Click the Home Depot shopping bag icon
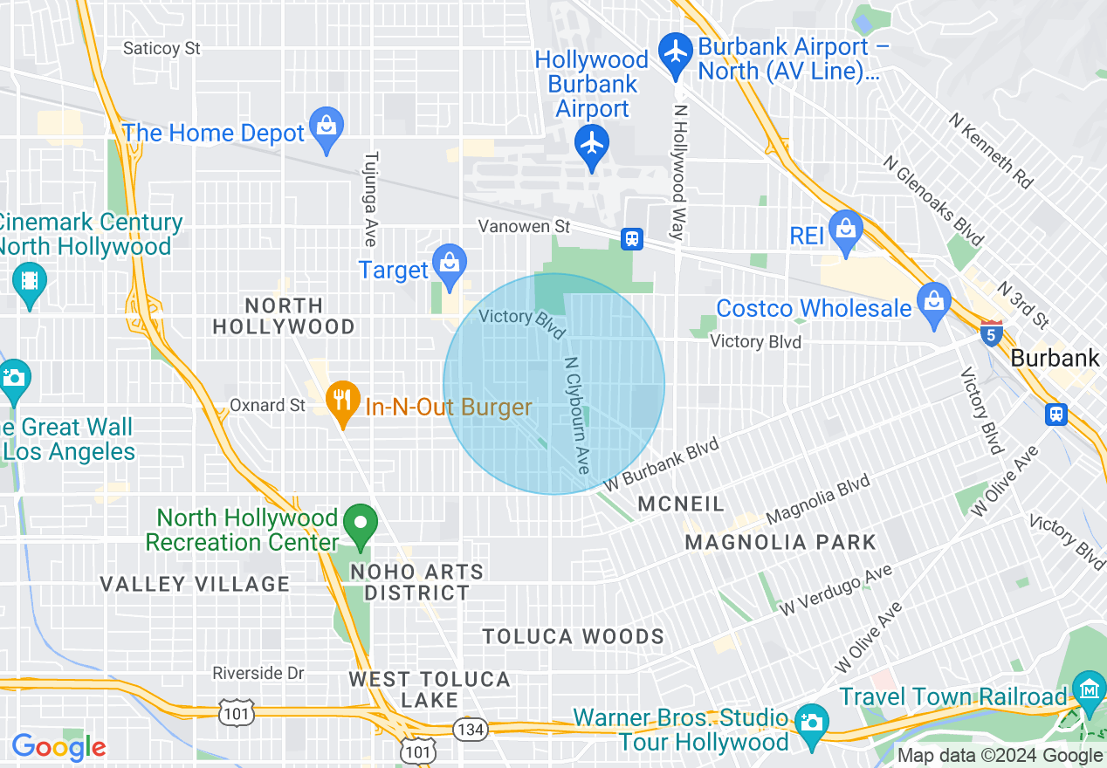pos(327,127)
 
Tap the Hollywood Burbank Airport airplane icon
pos(592,144)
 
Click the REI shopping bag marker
pos(845,230)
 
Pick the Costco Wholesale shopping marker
pos(934,303)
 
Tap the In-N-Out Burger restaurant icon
pos(342,401)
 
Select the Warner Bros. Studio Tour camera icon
pos(811,723)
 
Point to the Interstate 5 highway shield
pos(991,333)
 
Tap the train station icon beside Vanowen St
pos(631,238)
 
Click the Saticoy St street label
pos(162,48)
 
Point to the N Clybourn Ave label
pos(577,415)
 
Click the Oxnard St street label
pos(268,406)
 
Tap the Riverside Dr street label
pos(258,674)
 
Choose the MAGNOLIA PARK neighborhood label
pos(780,542)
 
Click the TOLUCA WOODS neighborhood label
pos(573,636)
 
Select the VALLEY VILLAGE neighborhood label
pos(195,584)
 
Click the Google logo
pos(59,747)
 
